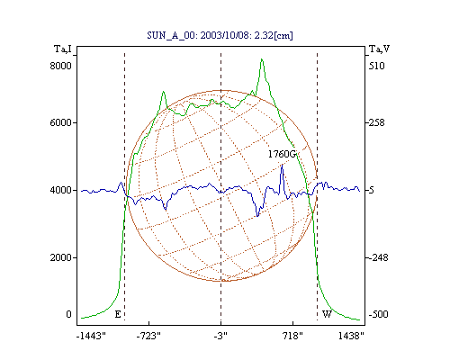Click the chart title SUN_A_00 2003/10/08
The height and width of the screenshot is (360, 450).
pyautogui.click(x=220, y=35)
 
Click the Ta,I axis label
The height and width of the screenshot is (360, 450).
pyautogui.click(x=63, y=49)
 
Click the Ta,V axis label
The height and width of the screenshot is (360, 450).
pyautogui.click(x=379, y=49)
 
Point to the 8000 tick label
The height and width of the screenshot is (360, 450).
pyautogui.click(x=60, y=66)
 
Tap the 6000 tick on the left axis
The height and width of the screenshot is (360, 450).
pyautogui.click(x=60, y=122)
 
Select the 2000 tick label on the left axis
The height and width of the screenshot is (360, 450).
pyautogui.click(x=60, y=257)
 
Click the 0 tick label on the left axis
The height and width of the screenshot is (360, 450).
pyautogui.click(x=68, y=314)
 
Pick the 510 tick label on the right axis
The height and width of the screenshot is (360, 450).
pyautogui.click(x=376, y=66)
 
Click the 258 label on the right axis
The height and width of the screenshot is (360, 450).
pyautogui.click(x=376, y=122)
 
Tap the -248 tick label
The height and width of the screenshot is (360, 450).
pyautogui.click(x=378, y=257)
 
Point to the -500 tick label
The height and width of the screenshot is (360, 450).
pyautogui.click(x=378, y=314)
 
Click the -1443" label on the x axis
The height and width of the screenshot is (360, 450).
pyautogui.click(x=91, y=336)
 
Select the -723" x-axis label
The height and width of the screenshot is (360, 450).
pyautogui.click(x=148, y=336)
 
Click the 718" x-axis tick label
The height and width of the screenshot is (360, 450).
pyautogui.click(x=292, y=336)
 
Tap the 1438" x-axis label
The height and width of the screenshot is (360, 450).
pyautogui.click(x=351, y=336)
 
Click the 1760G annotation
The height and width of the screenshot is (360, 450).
pyautogui.click(x=282, y=154)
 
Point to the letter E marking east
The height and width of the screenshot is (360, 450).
pyautogui.click(x=118, y=314)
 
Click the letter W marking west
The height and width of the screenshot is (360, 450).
pyautogui.click(x=327, y=314)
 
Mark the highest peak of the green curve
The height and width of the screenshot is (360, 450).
pyautogui.click(x=262, y=59)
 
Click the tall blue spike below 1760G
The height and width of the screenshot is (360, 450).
pyautogui.click(x=282, y=165)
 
